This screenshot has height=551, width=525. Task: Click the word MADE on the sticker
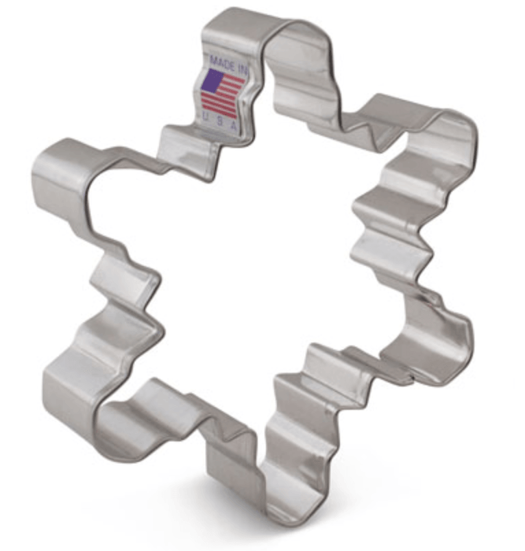pos(221,62)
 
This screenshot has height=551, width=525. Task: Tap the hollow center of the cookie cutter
pos(260,274)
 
